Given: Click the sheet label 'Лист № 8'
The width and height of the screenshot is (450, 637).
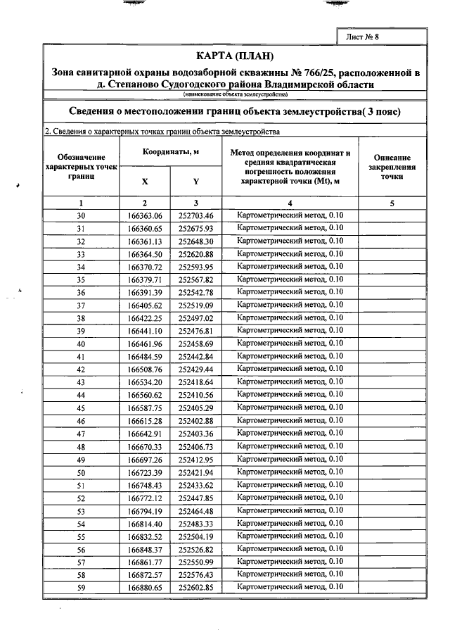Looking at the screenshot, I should coord(364,37).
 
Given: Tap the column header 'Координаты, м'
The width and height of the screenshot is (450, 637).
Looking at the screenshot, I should coord(170,153).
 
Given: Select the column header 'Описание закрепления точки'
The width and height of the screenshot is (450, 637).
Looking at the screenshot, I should coord(392,168).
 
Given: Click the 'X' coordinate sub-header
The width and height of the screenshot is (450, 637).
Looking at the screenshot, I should coord(145,181).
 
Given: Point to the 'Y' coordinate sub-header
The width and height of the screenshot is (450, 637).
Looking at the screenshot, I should coord(196,181).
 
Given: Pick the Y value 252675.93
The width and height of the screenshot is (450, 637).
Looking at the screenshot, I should coord(196,228).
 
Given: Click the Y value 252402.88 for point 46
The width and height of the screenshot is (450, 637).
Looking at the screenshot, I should coord(196,420).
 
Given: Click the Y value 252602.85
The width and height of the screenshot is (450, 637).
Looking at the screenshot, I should coord(196,587).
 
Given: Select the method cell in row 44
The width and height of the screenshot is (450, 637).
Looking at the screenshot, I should coord(290,394).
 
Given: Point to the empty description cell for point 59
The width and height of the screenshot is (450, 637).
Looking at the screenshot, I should coord(392,587).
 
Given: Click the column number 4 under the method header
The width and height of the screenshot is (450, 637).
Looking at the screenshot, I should coord(290,203).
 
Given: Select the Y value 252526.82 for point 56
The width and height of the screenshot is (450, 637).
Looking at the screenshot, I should coord(196,548).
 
